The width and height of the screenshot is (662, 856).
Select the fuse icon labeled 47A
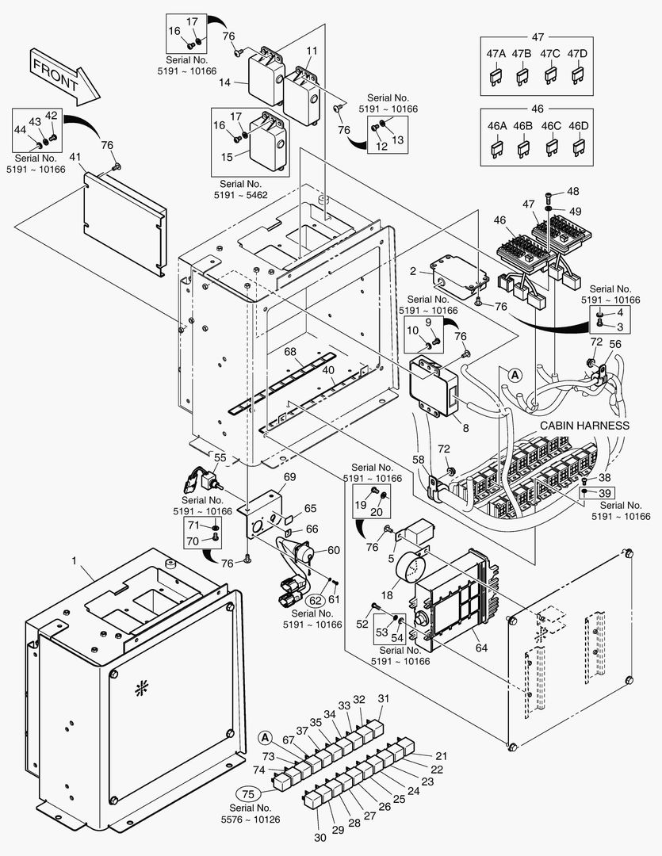[496, 76]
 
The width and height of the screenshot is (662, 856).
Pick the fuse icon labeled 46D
[579, 147]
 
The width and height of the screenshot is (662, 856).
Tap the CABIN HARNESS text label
[584, 426]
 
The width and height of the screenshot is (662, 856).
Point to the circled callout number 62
[316, 600]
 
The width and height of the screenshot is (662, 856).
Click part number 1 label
[75, 560]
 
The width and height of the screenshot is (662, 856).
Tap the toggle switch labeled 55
[209, 481]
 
